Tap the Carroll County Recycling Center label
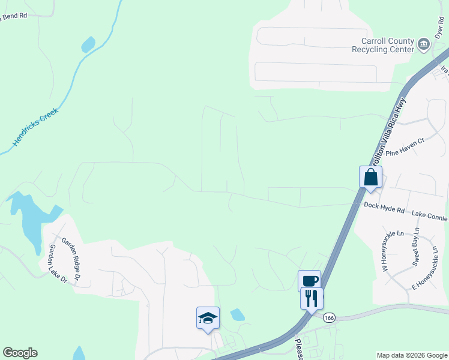[387, 45]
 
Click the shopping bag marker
[370, 177]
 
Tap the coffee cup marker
[309, 281]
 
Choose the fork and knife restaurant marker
[312, 298]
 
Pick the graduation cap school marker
[208, 318]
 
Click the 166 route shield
[328, 317]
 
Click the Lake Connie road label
[429, 214]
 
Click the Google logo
[20, 353]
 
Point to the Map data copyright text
[411, 355]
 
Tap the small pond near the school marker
[238, 314]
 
